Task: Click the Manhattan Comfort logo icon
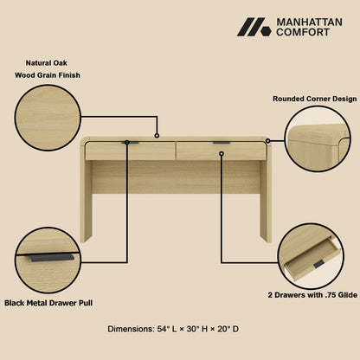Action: click(254, 27)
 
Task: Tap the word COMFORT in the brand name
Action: click(302, 33)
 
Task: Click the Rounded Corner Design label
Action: click(315, 100)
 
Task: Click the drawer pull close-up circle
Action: click(48, 259)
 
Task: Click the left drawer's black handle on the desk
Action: click(130, 143)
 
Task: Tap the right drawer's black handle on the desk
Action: click(222, 143)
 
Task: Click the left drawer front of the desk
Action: click(130, 151)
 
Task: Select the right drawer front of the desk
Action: click(222, 151)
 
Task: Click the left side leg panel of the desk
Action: click(86, 195)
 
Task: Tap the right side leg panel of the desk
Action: click(266, 195)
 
